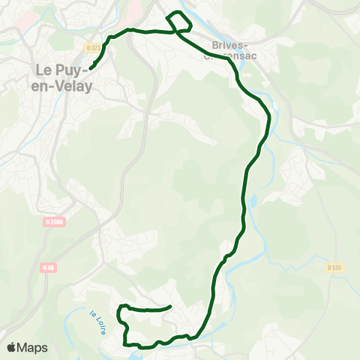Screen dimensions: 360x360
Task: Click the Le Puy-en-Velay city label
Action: [x=64, y=78]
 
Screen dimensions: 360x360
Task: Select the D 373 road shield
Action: [x=93, y=47]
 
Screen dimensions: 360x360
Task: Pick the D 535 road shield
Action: [x=334, y=266]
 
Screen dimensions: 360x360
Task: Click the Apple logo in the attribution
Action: [x=12, y=348]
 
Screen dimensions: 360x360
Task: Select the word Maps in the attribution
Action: [x=32, y=348]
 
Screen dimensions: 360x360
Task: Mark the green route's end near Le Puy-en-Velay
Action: [x=91, y=69]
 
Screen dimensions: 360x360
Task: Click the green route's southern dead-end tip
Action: [x=171, y=306]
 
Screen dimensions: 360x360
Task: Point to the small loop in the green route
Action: [x=181, y=22]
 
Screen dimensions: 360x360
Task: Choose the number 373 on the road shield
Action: [x=96, y=47]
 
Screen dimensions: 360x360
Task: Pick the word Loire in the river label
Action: [x=98, y=325]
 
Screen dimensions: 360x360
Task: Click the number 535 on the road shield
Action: [x=337, y=266]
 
